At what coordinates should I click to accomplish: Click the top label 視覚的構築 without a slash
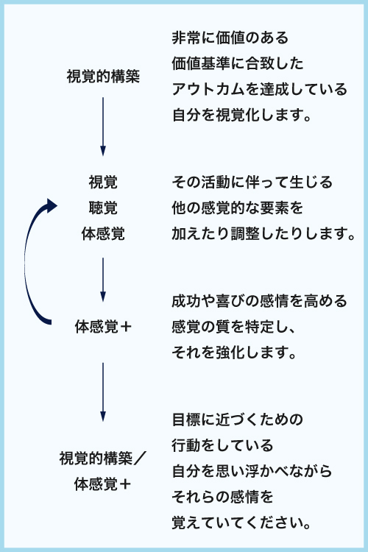tap(103, 77)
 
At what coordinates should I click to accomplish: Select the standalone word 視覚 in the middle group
tap(103, 182)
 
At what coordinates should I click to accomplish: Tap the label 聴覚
tap(103, 208)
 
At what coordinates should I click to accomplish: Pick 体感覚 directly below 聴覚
tap(103, 233)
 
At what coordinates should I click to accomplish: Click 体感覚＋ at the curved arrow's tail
tap(103, 326)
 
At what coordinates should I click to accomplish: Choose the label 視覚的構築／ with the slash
tap(103, 459)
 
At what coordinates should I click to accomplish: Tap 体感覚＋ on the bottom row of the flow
tap(102, 484)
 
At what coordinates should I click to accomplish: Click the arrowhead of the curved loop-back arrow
tap(52, 206)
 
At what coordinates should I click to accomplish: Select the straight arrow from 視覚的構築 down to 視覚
tap(103, 127)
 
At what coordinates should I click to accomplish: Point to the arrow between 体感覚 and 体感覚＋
tap(103, 280)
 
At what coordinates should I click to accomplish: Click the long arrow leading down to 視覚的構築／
tap(103, 392)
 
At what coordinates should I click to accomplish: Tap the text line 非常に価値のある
tap(230, 38)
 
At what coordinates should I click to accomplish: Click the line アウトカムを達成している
tap(260, 89)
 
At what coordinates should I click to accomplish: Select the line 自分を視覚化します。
tap(242, 115)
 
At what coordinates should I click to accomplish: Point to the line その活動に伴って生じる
tap(252, 182)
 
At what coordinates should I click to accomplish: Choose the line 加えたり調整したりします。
tap(263, 233)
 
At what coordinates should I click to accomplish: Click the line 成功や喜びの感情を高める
tap(260, 301)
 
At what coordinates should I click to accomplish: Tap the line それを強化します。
tap(235, 353)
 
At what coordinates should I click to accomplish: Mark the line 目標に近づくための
tap(238, 420)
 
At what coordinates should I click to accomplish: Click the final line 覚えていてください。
tap(242, 523)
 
